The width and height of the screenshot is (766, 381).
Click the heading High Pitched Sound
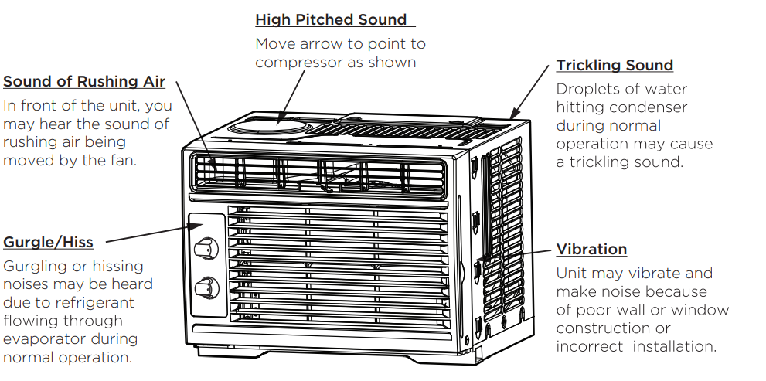point(331,19)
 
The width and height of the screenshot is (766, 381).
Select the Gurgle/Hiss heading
point(48,242)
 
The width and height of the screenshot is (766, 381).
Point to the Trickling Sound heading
point(615,65)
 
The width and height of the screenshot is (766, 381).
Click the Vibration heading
point(591,249)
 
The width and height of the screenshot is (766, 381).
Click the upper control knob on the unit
point(203,249)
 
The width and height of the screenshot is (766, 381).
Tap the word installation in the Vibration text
point(675,346)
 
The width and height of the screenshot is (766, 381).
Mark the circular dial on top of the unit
point(281,126)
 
